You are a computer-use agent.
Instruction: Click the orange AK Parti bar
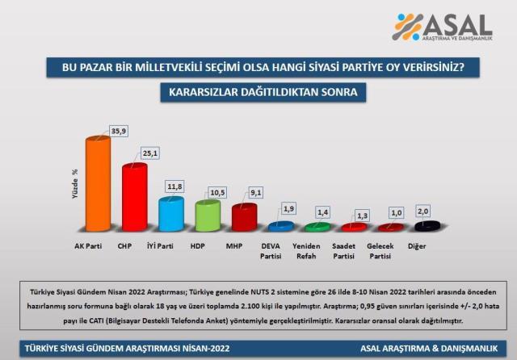98,186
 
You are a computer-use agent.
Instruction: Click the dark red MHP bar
244,219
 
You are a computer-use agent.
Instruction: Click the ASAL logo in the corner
442,27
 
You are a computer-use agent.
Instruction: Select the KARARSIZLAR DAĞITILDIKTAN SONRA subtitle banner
257,93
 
